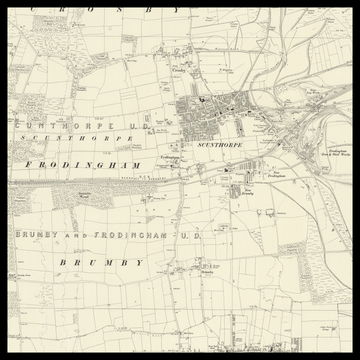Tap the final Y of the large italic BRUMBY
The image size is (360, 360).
[139, 262]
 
